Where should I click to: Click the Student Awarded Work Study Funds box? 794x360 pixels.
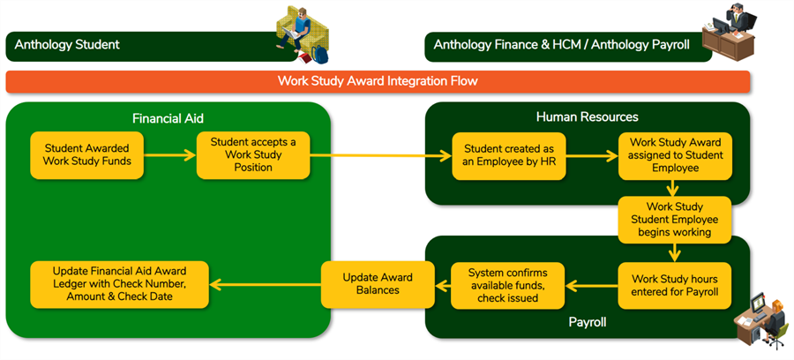pyautogui.click(x=86, y=155)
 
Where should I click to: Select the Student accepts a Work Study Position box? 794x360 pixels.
pyautogui.click(x=252, y=155)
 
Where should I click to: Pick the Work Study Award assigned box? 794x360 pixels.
pyautogui.click(x=675, y=155)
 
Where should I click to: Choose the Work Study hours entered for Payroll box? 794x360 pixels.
pyautogui.click(x=675, y=285)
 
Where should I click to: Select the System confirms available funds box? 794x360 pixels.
pyautogui.click(x=507, y=285)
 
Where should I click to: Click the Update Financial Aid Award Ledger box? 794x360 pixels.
pyautogui.click(x=119, y=284)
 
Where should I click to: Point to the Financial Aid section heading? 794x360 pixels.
pyautogui.click(x=168, y=117)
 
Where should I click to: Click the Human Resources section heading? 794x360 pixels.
pyautogui.click(x=587, y=117)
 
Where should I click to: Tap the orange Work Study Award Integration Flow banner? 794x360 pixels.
pyautogui.click(x=378, y=81)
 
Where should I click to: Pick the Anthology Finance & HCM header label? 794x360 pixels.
pyautogui.click(x=562, y=44)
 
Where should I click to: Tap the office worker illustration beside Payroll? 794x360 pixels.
pyautogui.click(x=763, y=318)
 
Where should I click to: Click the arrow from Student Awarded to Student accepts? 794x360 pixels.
pyautogui.click(x=169, y=155)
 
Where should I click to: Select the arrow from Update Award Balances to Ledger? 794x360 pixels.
pyautogui.click(x=266, y=284)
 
